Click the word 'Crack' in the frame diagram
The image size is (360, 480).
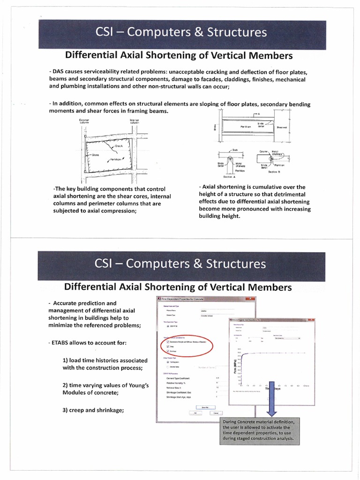click(119, 146)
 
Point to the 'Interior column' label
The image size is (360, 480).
click(134, 121)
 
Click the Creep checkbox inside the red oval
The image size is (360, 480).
click(167, 347)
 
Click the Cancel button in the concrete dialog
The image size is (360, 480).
click(215, 413)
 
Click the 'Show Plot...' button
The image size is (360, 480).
click(204, 407)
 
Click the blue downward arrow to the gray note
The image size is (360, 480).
click(272, 403)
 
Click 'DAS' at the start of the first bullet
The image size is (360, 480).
click(59, 71)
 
